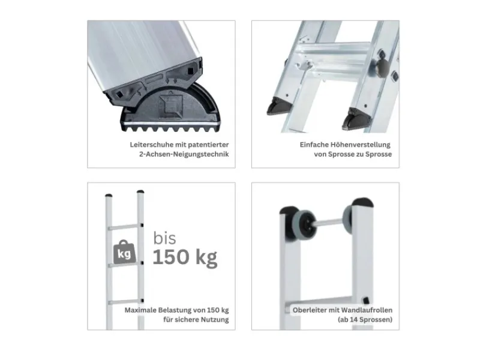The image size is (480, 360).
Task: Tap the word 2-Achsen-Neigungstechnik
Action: (184, 154)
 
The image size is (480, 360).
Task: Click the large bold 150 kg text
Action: (185, 257)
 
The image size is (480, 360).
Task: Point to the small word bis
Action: (164, 238)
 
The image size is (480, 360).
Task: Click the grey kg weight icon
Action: (124, 252)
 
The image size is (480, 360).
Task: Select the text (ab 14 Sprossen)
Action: (365, 320)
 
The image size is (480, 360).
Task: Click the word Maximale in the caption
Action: (140, 310)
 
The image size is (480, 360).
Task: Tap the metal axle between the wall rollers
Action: (329, 223)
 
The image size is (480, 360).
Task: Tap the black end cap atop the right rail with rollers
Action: (362, 202)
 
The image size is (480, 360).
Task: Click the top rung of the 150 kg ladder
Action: (125, 227)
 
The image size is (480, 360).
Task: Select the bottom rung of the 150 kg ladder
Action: (125, 302)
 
